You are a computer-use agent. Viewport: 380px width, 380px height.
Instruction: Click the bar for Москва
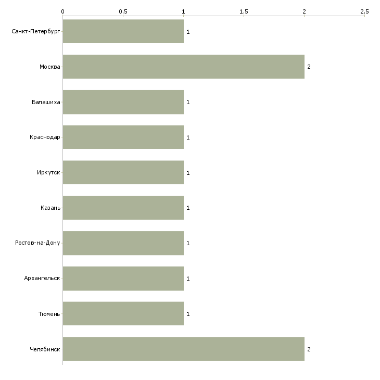[183, 67]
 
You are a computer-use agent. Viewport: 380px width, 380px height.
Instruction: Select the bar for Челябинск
[183, 349]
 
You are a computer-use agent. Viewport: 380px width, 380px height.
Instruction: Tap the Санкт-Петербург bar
[123, 31]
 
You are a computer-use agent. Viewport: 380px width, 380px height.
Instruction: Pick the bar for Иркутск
[123, 172]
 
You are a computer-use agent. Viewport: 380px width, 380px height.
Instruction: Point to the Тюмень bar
[123, 313]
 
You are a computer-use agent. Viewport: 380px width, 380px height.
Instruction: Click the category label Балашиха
[46, 102]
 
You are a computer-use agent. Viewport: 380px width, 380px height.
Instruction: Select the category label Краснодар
[45, 137]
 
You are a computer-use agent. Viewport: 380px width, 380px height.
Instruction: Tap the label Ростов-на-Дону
[37, 243]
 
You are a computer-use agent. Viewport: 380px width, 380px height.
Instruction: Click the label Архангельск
[42, 278]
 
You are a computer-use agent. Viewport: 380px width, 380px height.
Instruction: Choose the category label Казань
[50, 208]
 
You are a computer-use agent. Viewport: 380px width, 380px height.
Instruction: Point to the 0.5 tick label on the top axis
[123, 11]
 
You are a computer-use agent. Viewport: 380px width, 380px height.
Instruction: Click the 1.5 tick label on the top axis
[244, 11]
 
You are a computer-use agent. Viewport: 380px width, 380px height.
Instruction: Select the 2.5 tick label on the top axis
[364, 11]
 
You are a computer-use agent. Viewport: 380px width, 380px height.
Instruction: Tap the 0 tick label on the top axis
[63, 11]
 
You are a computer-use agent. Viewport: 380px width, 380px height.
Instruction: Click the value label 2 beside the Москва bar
[309, 67]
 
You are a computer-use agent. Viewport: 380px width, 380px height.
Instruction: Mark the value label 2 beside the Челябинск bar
[309, 349]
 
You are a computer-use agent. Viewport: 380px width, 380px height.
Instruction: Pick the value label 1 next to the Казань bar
[188, 208]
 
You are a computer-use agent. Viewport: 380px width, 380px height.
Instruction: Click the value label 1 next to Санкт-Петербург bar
[188, 32]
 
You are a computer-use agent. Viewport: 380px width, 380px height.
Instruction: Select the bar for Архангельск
[123, 278]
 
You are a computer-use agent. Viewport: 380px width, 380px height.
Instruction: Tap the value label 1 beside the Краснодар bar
[188, 137]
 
